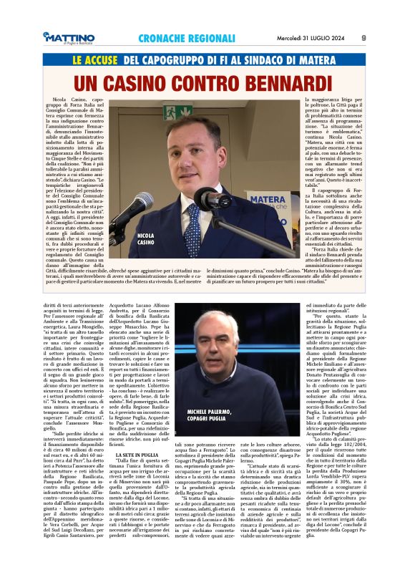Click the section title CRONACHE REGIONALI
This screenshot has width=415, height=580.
[178, 37]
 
